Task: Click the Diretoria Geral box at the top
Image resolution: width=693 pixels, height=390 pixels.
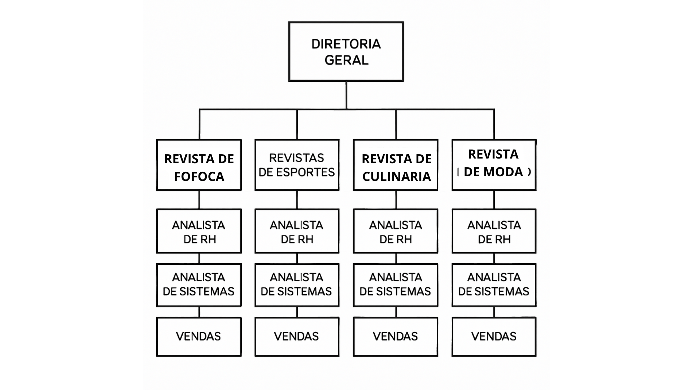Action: click(x=346, y=52)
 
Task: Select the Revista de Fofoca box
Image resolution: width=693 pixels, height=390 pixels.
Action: click(x=199, y=165)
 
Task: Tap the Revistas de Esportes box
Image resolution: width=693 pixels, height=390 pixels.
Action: click(x=297, y=165)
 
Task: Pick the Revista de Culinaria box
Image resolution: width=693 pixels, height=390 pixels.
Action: click(x=396, y=165)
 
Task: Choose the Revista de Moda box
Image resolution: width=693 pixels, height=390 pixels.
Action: click(x=494, y=165)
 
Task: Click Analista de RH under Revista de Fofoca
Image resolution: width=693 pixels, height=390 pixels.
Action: click(x=199, y=231)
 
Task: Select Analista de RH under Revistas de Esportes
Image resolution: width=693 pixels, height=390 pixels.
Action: click(x=297, y=231)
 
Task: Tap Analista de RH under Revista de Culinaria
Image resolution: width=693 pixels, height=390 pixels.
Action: click(x=396, y=231)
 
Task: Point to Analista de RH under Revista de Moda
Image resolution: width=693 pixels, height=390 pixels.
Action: click(x=494, y=231)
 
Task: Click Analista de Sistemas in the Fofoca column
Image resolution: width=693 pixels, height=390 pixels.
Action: click(x=199, y=285)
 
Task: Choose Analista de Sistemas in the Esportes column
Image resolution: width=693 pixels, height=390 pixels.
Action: click(x=297, y=285)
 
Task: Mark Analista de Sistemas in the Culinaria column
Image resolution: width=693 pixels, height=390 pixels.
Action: click(x=396, y=285)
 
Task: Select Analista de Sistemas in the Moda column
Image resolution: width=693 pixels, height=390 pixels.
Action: click(x=494, y=285)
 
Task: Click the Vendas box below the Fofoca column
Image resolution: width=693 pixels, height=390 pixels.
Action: click(x=199, y=337)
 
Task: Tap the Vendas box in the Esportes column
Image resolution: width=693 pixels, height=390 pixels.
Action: click(x=297, y=337)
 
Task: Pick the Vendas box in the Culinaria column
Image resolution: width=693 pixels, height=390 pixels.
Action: click(x=396, y=337)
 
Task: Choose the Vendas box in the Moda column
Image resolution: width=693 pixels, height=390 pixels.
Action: click(x=494, y=337)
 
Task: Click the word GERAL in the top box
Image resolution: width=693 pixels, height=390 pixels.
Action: click(x=346, y=60)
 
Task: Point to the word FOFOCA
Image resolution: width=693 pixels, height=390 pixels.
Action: click(x=199, y=177)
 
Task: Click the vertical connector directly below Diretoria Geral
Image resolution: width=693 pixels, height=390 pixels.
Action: click(x=346, y=95)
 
